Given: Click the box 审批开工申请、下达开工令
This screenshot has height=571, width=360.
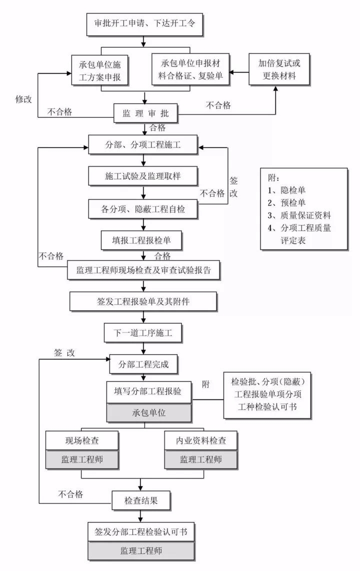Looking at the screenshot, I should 144,23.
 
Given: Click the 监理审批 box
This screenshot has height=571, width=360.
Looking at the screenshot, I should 145,113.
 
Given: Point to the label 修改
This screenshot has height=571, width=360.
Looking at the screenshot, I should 23,99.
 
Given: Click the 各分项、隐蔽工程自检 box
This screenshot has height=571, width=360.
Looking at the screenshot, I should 144,209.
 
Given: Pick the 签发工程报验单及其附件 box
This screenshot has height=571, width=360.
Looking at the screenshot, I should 144,301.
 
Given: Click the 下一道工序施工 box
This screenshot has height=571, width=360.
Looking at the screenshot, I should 144,332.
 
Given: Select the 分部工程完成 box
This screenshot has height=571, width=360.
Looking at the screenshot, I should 144,364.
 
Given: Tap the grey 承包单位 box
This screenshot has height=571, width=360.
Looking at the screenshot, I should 149,413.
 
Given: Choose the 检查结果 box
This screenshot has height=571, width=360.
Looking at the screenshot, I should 141,499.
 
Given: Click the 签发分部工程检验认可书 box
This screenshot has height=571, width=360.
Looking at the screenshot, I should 141,531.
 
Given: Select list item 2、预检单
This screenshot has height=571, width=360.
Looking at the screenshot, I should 287,202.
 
